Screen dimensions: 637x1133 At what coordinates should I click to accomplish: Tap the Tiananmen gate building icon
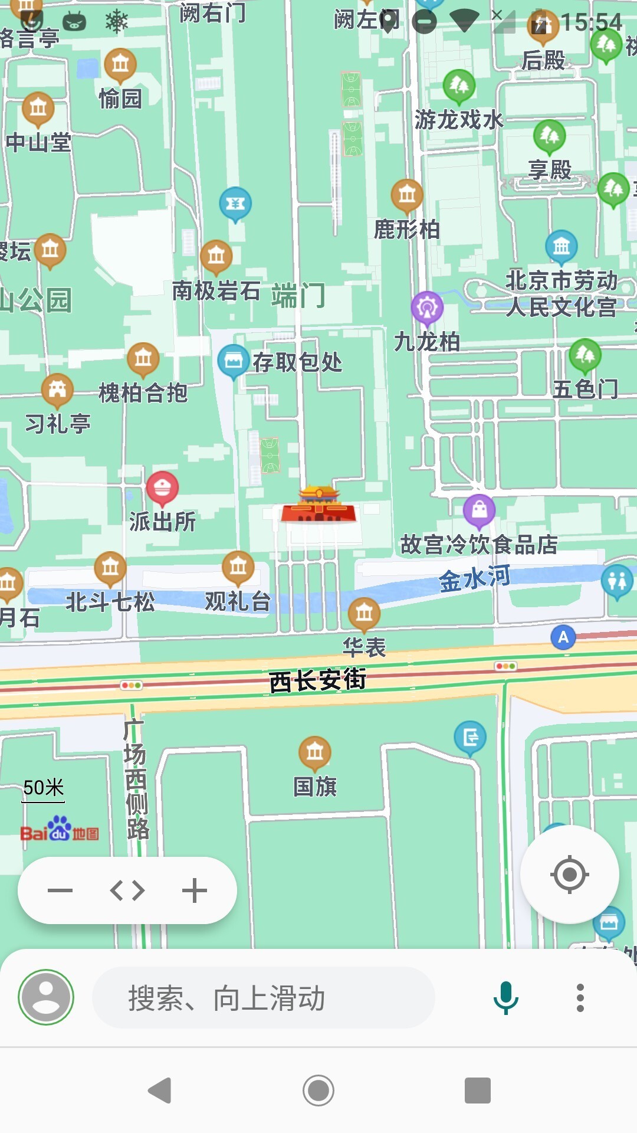318,505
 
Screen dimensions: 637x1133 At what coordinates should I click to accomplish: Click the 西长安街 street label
317,680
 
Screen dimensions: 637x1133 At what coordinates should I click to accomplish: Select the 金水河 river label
475,578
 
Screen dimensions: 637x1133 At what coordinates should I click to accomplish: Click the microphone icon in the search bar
505,998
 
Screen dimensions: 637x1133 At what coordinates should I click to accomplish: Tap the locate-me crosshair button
569,874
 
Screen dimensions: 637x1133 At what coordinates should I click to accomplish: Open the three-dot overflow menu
580,998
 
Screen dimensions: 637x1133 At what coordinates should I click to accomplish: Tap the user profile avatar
46,998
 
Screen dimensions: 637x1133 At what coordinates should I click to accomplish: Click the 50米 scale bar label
43,788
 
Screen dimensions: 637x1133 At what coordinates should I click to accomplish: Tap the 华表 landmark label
364,647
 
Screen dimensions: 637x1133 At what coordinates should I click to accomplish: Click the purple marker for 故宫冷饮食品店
479,510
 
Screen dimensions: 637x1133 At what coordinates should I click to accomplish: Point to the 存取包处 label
297,362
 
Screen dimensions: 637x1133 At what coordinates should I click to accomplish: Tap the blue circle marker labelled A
563,637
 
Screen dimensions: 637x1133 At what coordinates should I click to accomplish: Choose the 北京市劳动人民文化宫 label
561,293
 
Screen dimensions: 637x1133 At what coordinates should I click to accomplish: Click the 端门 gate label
298,295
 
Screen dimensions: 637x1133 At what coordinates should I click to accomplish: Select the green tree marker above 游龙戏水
459,86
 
